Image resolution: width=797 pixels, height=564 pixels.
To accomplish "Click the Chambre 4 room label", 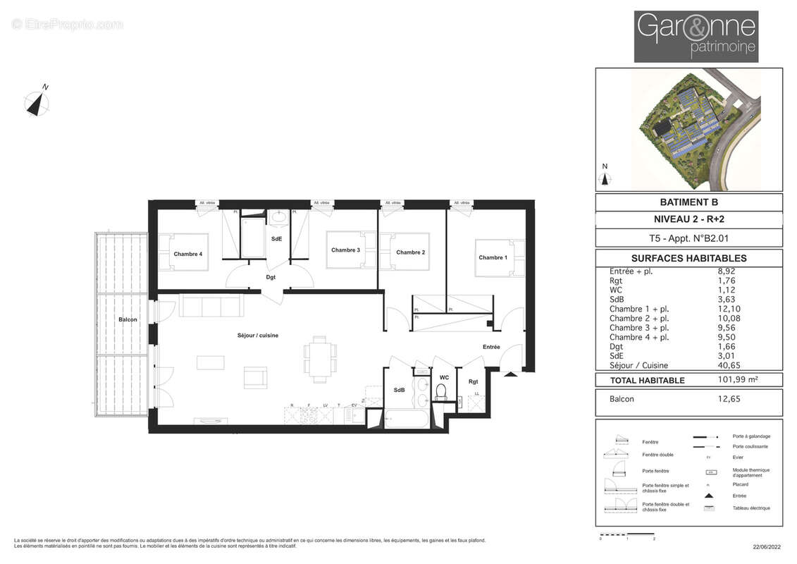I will coord(187,254).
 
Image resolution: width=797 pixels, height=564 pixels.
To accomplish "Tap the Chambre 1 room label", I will coord(492,257).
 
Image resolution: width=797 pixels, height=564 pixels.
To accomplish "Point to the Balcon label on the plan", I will coord(128,319).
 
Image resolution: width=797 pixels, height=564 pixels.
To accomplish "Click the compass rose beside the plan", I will coord(37,102).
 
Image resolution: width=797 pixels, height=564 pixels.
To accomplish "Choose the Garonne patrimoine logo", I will coord(696,37).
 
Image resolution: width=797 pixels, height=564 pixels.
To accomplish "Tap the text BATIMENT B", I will coord(688,203).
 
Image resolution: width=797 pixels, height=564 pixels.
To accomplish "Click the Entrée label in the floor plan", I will coord(491,347).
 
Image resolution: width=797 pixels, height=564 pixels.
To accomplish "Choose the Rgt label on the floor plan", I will coord(473,382).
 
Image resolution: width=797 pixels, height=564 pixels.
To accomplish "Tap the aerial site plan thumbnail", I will coord(688,130).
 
